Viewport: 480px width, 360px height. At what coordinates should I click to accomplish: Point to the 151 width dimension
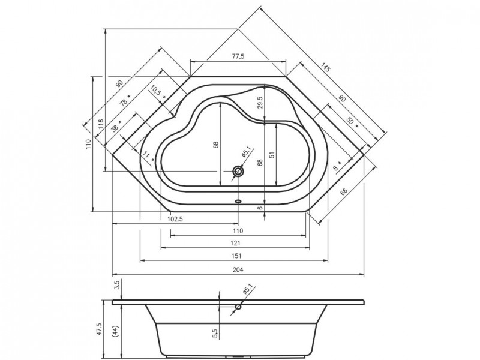[x=236, y=256]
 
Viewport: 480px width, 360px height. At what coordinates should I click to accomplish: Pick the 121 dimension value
[x=236, y=243]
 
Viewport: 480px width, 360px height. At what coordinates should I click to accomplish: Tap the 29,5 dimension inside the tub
[x=260, y=103]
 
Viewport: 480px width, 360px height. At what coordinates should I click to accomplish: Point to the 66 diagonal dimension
[x=344, y=191]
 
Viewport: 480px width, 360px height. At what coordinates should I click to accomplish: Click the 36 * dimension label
[x=116, y=127]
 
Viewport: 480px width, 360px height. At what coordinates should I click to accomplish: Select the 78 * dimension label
[x=124, y=102]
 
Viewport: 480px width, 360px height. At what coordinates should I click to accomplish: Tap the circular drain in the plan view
[x=239, y=172]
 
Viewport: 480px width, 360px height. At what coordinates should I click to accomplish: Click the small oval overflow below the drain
[x=239, y=202]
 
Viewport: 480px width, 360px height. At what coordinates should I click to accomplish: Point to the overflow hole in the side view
[x=239, y=307]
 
